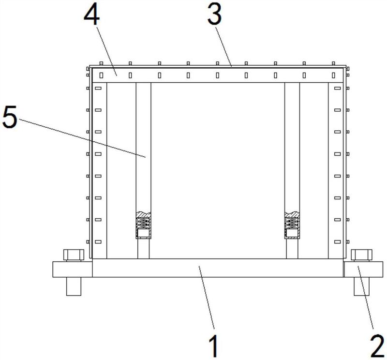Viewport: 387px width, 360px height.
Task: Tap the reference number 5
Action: pyautogui.click(x=10, y=117)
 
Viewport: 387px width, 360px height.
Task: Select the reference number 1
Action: pyautogui.click(x=213, y=345)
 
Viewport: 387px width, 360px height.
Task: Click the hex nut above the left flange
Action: pyautogui.click(x=74, y=255)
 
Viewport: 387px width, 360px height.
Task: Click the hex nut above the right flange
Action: pyautogui.click(x=361, y=255)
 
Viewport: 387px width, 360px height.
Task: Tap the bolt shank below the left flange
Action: pyautogui.click(x=74, y=286)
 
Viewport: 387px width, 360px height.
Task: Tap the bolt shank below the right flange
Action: pyautogui.click(x=361, y=286)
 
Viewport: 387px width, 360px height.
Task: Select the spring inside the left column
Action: pyautogui.click(x=143, y=224)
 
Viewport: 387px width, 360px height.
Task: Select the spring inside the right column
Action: pyautogui.click(x=292, y=224)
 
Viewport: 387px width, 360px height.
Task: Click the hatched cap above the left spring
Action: pyautogui.click(x=143, y=214)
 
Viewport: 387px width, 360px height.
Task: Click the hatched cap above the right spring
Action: pyautogui.click(x=292, y=214)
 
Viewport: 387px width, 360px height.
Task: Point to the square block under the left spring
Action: pyautogui.click(x=143, y=233)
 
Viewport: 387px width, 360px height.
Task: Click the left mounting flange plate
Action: pyautogui.click(x=73, y=270)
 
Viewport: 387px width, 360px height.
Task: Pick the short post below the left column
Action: pyautogui.click(x=143, y=249)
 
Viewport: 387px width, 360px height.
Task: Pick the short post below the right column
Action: pyautogui.click(x=292, y=249)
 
